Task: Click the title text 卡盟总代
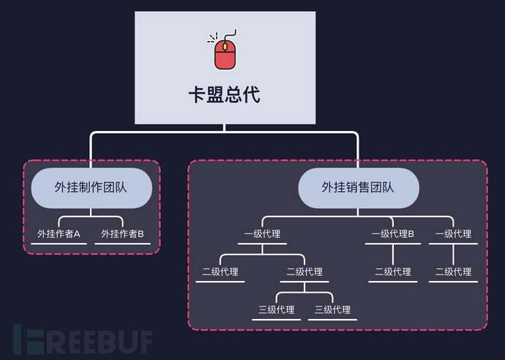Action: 225,95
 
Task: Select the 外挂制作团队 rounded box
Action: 91,187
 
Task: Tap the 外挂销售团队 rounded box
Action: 358,187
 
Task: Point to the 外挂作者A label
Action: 59,234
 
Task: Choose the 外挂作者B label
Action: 122,234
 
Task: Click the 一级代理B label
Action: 392,234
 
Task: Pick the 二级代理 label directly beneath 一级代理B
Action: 393,271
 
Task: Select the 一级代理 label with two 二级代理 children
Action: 262,234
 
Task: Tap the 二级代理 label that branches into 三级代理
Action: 304,271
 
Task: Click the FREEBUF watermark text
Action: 82,340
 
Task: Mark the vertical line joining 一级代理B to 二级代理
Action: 393,254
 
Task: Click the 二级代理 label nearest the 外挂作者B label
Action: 220,271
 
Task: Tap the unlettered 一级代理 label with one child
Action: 453,234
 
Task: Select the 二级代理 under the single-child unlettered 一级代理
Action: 453,271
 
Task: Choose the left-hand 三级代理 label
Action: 277,310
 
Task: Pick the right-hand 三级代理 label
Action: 332,310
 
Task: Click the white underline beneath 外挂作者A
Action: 59,244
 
